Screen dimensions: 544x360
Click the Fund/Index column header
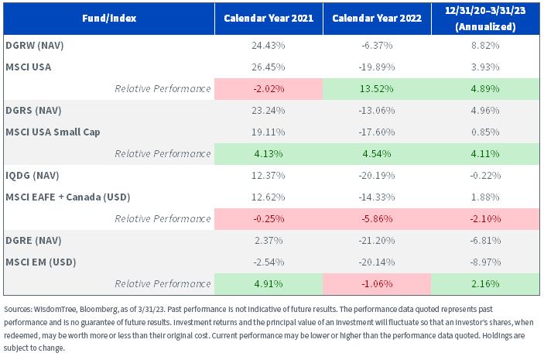[x=109, y=18]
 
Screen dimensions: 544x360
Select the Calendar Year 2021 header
[x=269, y=18]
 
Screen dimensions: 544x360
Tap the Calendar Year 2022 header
[x=377, y=18]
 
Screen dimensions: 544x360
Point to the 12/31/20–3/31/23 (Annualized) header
[x=485, y=19]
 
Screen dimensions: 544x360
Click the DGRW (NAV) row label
[x=35, y=46]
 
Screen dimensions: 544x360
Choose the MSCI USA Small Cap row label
[x=53, y=132]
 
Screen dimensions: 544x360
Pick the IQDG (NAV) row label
[x=33, y=175]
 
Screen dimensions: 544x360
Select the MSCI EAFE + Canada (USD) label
[x=68, y=197]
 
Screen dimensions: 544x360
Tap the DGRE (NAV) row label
[x=33, y=240]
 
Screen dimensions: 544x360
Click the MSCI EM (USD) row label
[x=41, y=262]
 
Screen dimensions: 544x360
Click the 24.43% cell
[x=269, y=46]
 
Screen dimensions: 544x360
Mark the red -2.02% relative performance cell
[x=269, y=89]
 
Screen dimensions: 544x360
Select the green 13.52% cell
[x=377, y=89]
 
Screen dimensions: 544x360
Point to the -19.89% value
[x=377, y=67]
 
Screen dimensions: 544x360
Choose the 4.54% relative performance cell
[x=377, y=154]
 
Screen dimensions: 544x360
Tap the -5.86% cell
[x=377, y=218]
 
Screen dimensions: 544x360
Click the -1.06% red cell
[x=377, y=284]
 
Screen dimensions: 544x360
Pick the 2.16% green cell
[x=485, y=284]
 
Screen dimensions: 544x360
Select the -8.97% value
[x=485, y=262]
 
